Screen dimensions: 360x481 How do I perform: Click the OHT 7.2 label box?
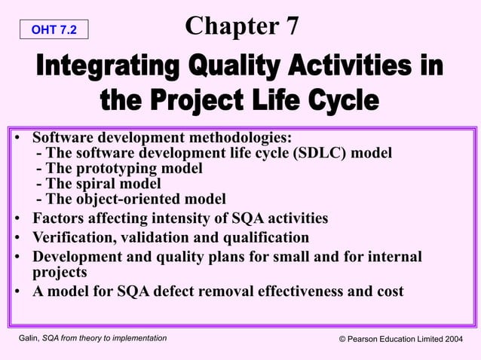pyautogui.click(x=54, y=29)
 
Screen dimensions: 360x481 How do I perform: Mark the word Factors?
pyautogui.click(x=60, y=218)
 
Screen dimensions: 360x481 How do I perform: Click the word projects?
pyautogui.click(x=60, y=272)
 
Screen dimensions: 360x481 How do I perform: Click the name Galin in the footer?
pyautogui.click(x=32, y=339)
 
